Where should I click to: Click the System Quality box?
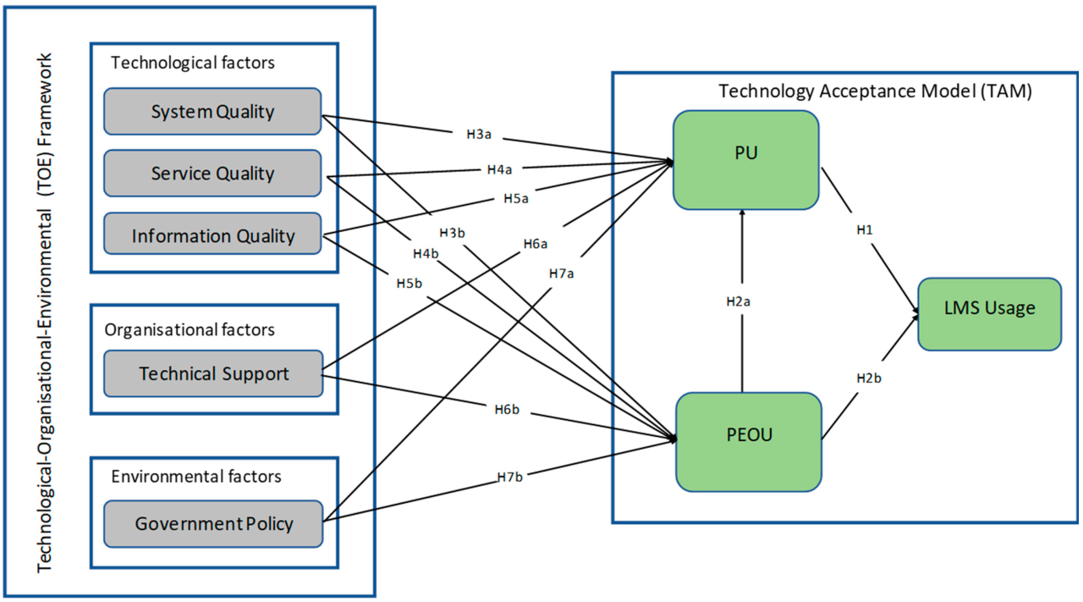tap(212, 111)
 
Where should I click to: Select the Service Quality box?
tap(212, 174)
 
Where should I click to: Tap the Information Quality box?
tap(212, 235)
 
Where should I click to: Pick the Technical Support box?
tap(213, 373)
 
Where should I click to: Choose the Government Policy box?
tap(213, 523)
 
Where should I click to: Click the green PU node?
tap(745, 159)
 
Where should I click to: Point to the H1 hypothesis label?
tap(864, 230)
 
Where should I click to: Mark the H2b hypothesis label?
tap(868, 378)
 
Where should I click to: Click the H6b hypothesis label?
tap(507, 410)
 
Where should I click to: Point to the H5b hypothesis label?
tap(410, 283)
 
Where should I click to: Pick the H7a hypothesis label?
tap(561, 273)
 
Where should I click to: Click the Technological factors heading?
tap(193, 63)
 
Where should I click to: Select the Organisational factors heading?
tap(190, 329)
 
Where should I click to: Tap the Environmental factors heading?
tap(196, 477)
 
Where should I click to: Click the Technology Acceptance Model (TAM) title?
tap(875, 91)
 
